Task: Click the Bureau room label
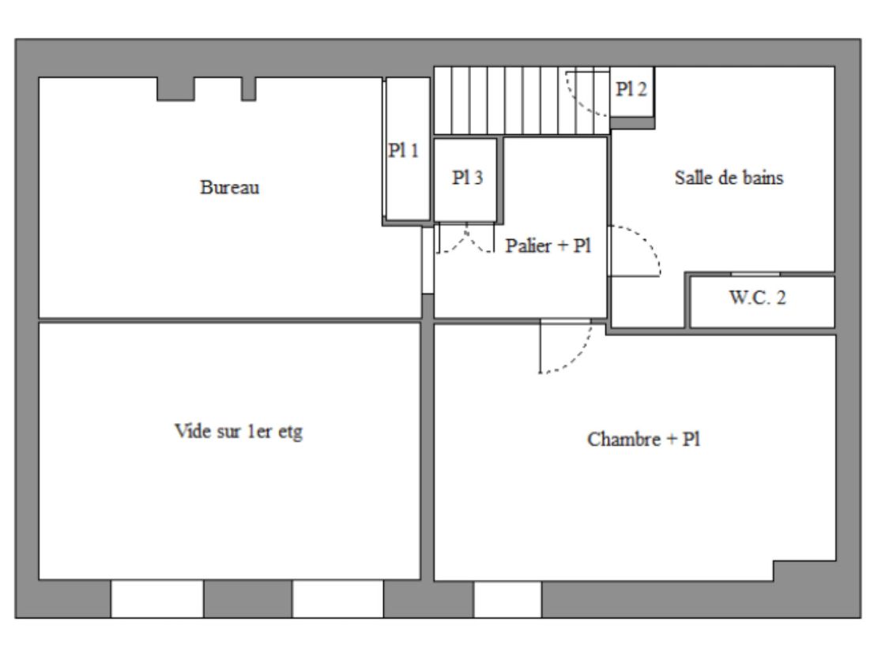pyautogui.click(x=230, y=187)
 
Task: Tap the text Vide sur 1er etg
pyautogui.click(x=239, y=432)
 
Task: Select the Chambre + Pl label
pyautogui.click(x=643, y=440)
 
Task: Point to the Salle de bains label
pyautogui.click(x=729, y=178)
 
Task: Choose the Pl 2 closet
pyautogui.click(x=631, y=92)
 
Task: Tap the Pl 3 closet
pyautogui.click(x=465, y=179)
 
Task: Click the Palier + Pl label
pyautogui.click(x=548, y=246)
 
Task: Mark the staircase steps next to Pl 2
pyautogui.click(x=522, y=101)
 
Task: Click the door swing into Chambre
pyautogui.click(x=565, y=347)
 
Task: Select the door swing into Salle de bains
pyautogui.click(x=635, y=251)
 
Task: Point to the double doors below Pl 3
pyautogui.click(x=466, y=238)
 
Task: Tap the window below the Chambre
pyautogui.click(x=507, y=599)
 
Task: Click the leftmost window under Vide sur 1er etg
pyautogui.click(x=157, y=598)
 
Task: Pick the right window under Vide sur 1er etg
pyautogui.click(x=338, y=598)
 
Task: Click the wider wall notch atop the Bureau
pyautogui.click(x=175, y=89)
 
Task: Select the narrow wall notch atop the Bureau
pyautogui.click(x=248, y=89)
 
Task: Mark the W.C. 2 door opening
pyautogui.click(x=755, y=275)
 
